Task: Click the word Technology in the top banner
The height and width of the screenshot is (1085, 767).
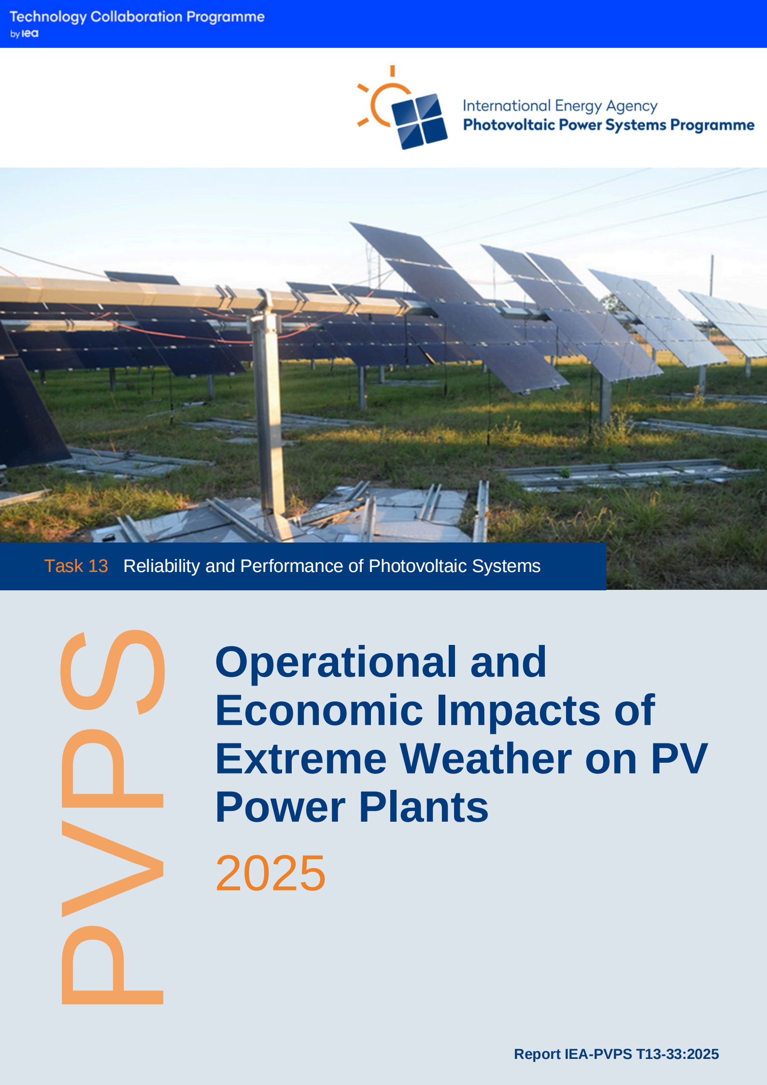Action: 48,17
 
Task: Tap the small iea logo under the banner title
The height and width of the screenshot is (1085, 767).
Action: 30,34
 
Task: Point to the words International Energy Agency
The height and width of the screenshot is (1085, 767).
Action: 560,106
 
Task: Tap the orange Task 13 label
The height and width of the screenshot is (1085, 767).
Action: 76,566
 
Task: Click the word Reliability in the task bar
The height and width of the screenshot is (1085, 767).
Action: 161,566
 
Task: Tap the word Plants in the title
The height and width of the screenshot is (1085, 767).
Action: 424,807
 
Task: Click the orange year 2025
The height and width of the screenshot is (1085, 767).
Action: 270,873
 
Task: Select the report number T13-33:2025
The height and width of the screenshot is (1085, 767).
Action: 677,1054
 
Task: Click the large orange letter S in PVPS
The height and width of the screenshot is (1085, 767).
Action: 113,671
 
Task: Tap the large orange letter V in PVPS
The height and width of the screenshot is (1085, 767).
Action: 113,869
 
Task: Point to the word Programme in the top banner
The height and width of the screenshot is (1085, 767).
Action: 226,17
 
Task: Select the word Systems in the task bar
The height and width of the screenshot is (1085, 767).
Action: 506,566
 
